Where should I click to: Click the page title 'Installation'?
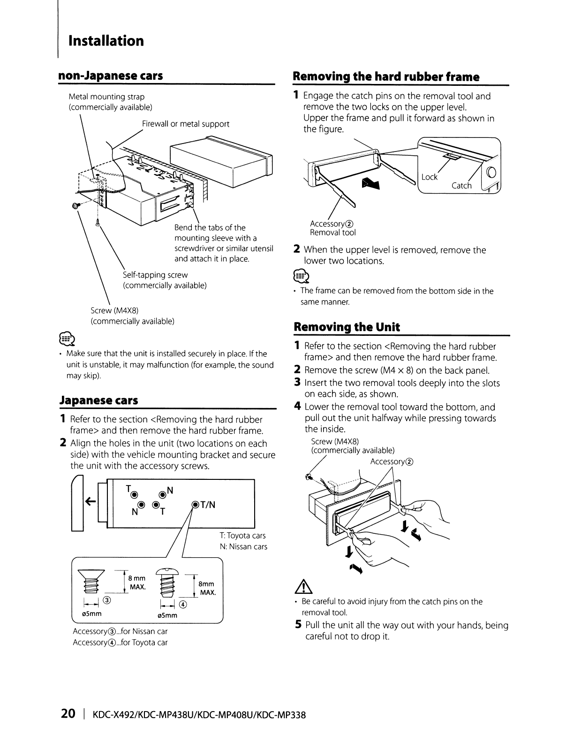tap(106, 41)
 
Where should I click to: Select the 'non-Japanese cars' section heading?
tap(111, 76)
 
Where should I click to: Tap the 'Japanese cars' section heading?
tap(98, 400)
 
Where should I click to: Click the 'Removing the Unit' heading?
tap(347, 327)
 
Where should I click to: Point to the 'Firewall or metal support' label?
tap(186, 124)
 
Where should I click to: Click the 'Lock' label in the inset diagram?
tap(429, 177)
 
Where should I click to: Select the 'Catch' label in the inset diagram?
tap(461, 186)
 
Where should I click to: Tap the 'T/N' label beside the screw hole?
tap(207, 505)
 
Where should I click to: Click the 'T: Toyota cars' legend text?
tap(242, 535)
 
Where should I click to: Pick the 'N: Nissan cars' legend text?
tap(243, 546)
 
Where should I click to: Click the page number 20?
tap(68, 714)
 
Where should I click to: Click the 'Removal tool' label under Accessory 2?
tap(332, 233)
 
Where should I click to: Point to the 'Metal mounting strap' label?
tap(106, 97)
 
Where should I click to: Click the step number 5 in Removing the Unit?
tap(299, 625)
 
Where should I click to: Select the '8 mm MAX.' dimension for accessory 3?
tap(137, 583)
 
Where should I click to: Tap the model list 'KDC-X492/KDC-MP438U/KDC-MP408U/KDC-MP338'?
tap(199, 715)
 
